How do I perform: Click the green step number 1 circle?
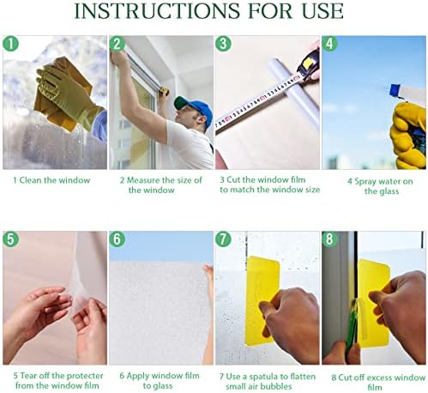click(10, 44)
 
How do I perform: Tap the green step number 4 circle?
click(329, 44)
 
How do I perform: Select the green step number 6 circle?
click(118, 239)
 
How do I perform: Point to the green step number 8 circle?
click(329, 239)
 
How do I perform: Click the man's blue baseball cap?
click(195, 110)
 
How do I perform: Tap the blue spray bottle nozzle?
click(395, 90)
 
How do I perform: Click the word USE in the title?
click(323, 11)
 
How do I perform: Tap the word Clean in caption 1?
click(30, 180)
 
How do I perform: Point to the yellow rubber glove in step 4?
click(408, 135)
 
